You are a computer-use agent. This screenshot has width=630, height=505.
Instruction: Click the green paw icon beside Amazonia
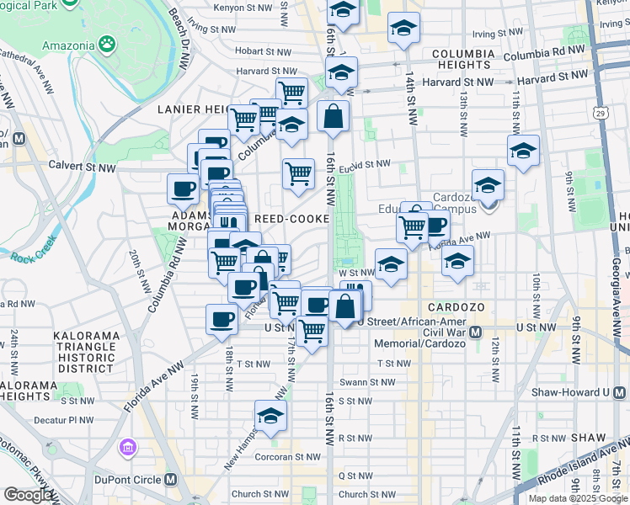click(107, 41)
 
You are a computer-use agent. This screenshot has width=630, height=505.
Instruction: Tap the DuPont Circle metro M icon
click(171, 479)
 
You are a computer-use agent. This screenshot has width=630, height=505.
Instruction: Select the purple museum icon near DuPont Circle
click(128, 446)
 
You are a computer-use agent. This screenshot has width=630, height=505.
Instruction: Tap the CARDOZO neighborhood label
click(456, 308)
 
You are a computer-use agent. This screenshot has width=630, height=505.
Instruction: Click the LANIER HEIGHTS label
click(191, 109)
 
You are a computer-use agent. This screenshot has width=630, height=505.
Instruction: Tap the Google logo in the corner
click(28, 495)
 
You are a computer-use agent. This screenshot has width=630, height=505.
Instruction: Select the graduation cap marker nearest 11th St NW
click(523, 151)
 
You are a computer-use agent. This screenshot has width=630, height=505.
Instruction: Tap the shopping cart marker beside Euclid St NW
click(298, 174)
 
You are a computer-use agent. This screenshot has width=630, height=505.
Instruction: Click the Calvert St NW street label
click(82, 167)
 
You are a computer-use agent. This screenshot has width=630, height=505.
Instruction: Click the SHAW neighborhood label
click(588, 438)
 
